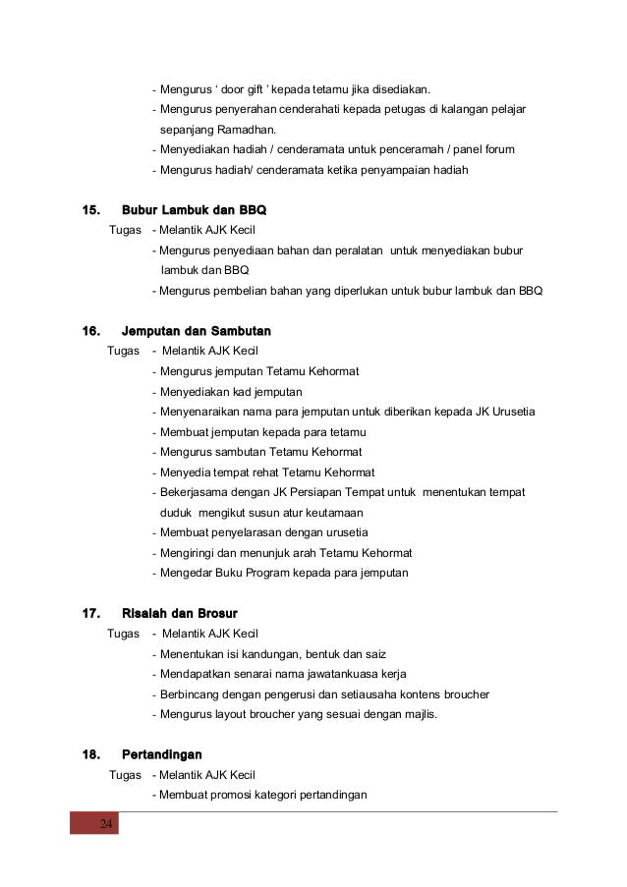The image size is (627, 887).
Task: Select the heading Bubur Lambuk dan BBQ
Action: pos(194,210)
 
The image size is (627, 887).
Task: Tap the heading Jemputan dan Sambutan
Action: pos(196,331)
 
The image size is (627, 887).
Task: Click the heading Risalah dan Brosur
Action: pos(179,614)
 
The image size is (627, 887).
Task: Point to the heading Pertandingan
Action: pos(161,754)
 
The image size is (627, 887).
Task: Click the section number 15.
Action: pos(91,210)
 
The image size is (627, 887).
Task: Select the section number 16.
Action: pos(91,331)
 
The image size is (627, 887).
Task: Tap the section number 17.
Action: pos(91,614)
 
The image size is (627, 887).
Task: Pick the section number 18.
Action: pos(91,754)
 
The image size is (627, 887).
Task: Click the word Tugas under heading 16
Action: pos(123,351)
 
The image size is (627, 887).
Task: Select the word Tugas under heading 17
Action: pos(123,634)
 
